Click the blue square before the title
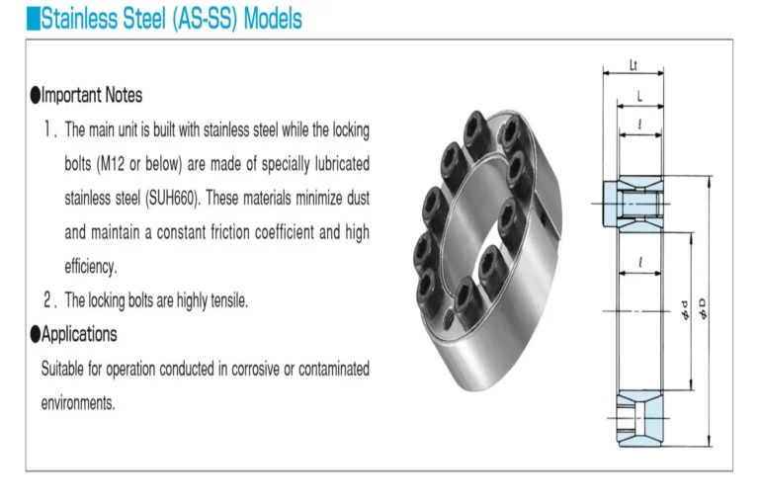click(34, 19)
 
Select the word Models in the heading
click(273, 19)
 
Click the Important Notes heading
click(86, 95)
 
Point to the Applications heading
click(73, 334)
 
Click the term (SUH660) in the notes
click(172, 198)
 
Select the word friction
click(235, 232)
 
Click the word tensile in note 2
click(229, 300)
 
